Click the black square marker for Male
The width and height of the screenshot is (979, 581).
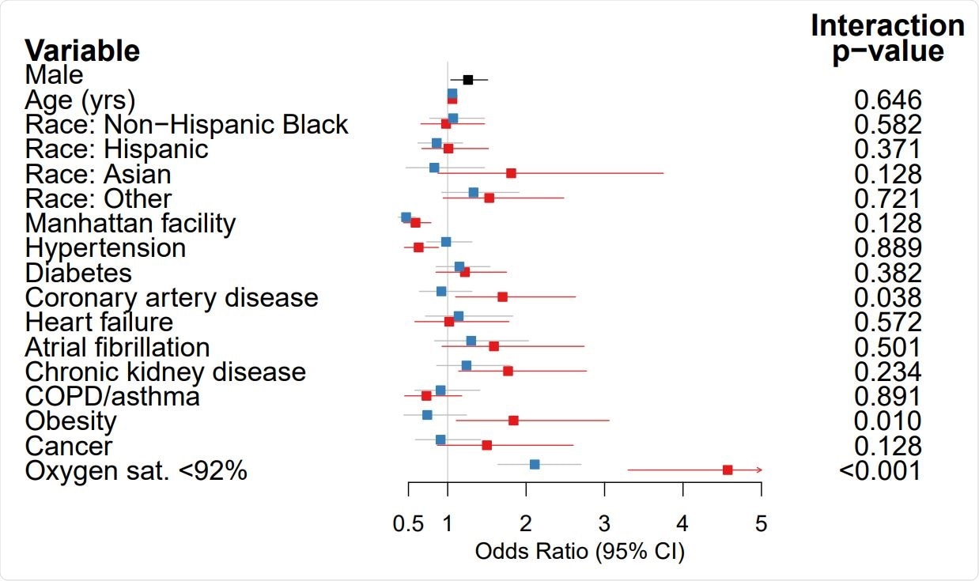[468, 80]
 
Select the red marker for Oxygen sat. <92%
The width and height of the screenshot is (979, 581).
[728, 470]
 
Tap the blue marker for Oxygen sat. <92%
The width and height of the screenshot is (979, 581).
[535, 464]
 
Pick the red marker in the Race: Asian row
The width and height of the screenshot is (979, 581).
[511, 173]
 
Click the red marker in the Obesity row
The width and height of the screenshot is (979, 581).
[513, 421]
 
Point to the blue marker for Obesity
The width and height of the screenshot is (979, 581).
[427, 414]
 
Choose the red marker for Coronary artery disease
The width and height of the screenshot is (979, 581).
[502, 297]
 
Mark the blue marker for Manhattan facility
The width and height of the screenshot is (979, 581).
[406, 217]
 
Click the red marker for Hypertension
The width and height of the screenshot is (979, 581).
[418, 247]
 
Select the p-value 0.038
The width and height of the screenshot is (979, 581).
[888, 297]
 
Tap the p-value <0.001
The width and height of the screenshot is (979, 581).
[880, 471]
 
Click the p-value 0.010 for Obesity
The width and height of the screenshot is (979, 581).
[888, 421]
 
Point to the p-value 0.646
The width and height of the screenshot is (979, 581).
[888, 100]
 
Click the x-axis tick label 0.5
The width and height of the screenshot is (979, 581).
[408, 523]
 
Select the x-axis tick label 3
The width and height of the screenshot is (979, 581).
[604, 523]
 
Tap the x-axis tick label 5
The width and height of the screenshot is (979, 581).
[762, 523]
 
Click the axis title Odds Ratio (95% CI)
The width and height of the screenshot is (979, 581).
[580, 551]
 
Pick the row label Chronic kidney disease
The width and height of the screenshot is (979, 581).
[165, 372]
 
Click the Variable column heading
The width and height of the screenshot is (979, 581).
[82, 51]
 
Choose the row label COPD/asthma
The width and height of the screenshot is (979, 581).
[112, 396]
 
